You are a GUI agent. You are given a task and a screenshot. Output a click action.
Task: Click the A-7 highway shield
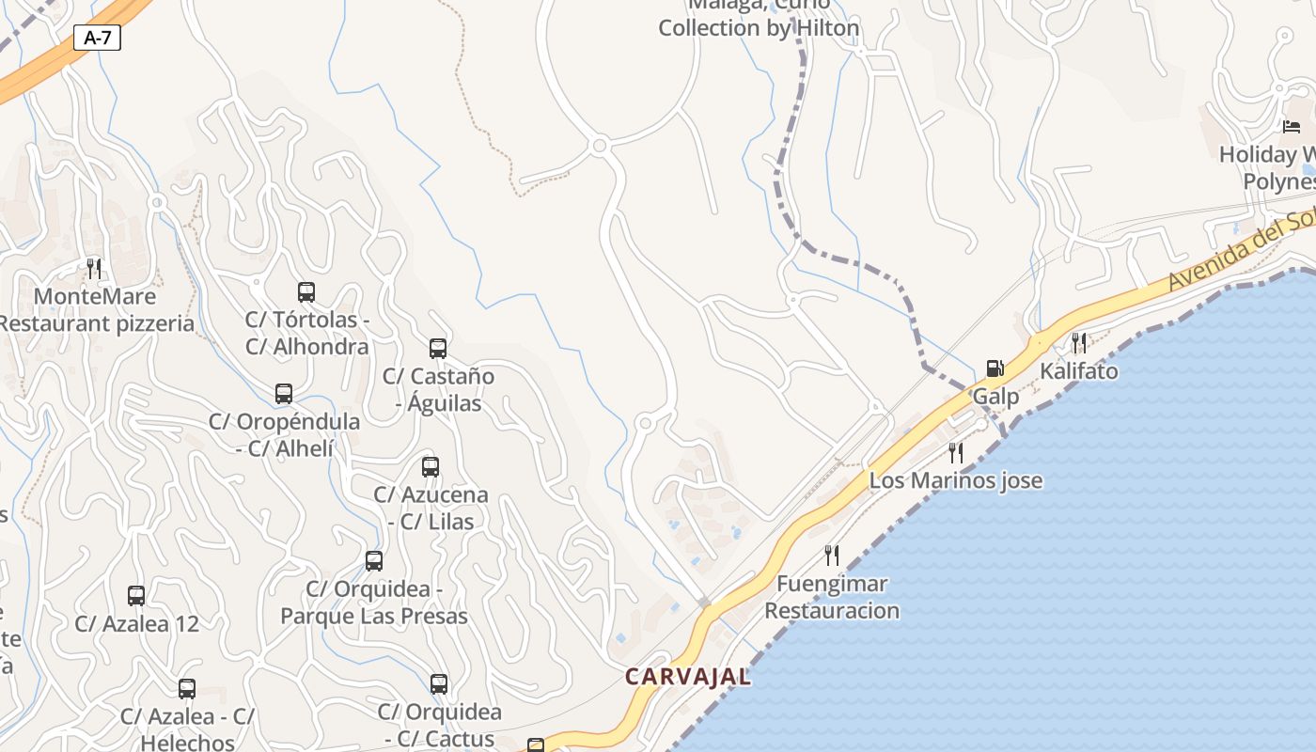(97, 38)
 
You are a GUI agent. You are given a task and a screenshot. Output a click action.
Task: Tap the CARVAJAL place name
(688, 677)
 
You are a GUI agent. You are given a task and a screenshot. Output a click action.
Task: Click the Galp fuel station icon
(995, 368)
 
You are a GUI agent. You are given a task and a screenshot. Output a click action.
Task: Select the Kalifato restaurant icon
(1079, 343)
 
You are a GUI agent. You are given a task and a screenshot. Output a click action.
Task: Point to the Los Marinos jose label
(955, 480)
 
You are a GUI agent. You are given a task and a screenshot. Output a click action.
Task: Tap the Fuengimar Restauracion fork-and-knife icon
(831, 556)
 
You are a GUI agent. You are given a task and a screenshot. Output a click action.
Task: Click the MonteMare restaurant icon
(94, 269)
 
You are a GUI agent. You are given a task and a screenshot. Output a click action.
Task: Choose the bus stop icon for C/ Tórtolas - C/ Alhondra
(306, 292)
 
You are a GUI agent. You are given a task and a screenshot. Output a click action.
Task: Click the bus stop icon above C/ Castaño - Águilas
(438, 349)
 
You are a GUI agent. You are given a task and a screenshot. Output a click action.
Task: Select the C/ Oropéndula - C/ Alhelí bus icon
(284, 394)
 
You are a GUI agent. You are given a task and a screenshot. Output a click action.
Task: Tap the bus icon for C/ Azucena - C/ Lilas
(431, 467)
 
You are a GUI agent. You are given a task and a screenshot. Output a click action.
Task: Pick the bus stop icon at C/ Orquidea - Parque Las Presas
(374, 561)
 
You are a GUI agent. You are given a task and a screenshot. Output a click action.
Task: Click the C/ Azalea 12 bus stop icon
(136, 595)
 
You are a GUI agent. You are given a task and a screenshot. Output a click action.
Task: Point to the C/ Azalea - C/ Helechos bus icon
(187, 689)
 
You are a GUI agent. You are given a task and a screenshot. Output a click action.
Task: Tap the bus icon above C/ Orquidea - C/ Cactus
(439, 684)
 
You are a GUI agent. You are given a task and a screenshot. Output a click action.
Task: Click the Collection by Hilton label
(759, 28)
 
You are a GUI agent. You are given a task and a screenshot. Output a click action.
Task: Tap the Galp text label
(995, 396)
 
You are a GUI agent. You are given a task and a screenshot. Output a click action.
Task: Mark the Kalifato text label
(1079, 371)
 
